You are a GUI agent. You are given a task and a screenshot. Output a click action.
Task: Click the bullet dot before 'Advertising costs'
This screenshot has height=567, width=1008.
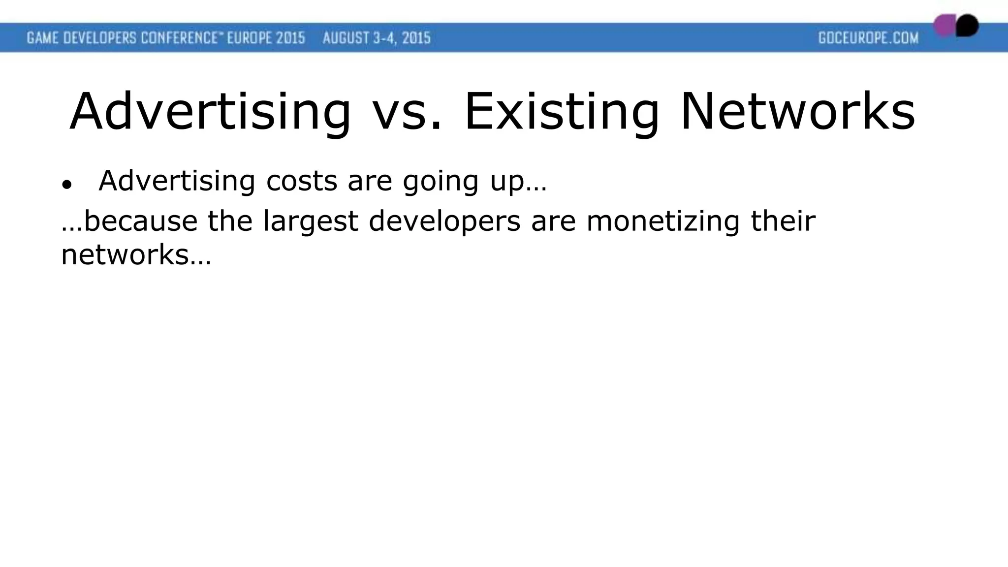tap(67, 185)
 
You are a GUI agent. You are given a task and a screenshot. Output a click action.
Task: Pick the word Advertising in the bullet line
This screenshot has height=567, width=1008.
tap(177, 181)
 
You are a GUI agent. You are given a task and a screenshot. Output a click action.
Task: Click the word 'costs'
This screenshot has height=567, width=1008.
tap(302, 181)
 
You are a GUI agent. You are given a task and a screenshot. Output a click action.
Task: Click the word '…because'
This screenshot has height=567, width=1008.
tap(129, 221)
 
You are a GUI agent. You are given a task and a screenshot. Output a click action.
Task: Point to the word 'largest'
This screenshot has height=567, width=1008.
tap(310, 222)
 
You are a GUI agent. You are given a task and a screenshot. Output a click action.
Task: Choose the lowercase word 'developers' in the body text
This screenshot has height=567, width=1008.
tap(444, 222)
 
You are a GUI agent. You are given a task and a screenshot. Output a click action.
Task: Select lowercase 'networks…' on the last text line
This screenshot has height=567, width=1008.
tap(136, 255)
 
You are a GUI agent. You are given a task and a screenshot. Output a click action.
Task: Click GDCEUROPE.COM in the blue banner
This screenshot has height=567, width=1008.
tap(868, 38)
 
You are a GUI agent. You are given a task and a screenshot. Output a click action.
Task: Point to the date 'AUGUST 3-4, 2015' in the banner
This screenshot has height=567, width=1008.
tap(377, 38)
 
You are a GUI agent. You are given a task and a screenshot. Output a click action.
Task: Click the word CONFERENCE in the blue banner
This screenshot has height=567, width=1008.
tap(179, 38)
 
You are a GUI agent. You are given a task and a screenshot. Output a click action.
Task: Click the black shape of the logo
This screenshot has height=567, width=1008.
tap(968, 25)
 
